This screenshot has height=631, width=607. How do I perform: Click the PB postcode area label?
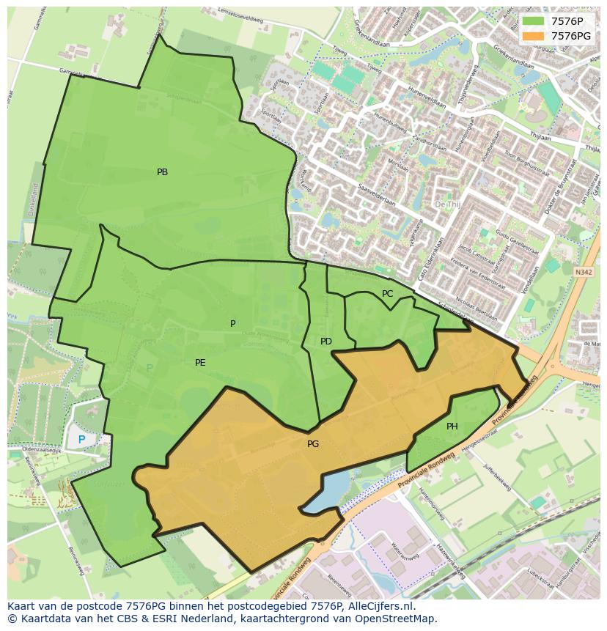click(x=162, y=172)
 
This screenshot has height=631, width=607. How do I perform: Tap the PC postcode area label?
click(x=387, y=294)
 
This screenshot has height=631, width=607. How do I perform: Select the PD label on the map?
click(x=326, y=342)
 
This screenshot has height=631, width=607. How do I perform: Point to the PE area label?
click(x=200, y=363)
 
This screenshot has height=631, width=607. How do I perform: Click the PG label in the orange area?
click(x=313, y=444)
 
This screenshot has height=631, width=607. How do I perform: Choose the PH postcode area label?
click(x=452, y=427)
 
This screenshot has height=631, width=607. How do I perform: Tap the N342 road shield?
click(x=584, y=272)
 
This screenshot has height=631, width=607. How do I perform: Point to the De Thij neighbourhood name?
click(x=448, y=204)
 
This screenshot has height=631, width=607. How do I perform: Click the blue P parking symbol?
click(x=81, y=440)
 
